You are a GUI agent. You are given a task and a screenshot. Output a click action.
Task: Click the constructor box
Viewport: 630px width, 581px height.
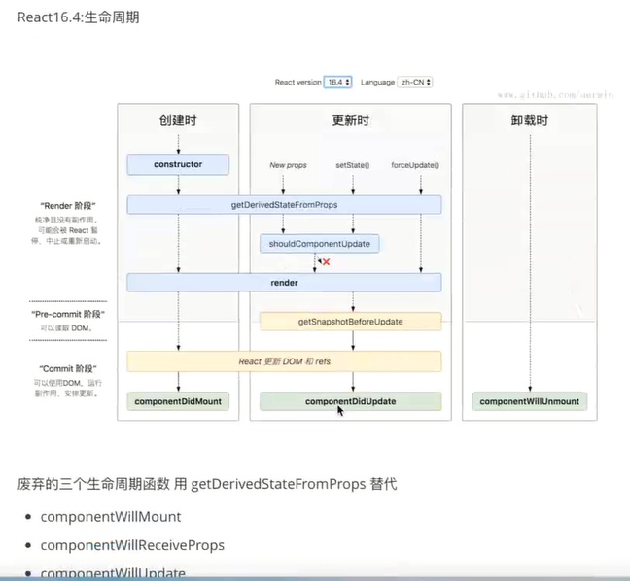pyautogui.click(x=178, y=165)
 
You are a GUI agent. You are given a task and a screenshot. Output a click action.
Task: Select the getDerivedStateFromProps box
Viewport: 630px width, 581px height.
pyautogui.click(x=284, y=205)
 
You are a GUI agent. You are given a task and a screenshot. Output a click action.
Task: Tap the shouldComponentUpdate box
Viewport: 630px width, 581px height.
pyautogui.click(x=321, y=244)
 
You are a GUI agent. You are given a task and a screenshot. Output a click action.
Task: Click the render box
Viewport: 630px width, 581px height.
pyautogui.click(x=284, y=282)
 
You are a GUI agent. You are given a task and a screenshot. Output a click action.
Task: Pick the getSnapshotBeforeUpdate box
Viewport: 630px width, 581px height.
pyautogui.click(x=350, y=322)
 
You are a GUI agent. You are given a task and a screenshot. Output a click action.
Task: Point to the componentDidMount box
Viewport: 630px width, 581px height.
pyautogui.click(x=178, y=401)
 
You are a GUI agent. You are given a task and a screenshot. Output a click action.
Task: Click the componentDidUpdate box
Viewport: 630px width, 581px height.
pyautogui.click(x=350, y=401)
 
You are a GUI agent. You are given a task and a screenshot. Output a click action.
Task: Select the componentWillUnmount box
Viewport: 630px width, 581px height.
pyautogui.click(x=530, y=401)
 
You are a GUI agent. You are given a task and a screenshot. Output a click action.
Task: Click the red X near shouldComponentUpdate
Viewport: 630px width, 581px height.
pyautogui.click(x=326, y=262)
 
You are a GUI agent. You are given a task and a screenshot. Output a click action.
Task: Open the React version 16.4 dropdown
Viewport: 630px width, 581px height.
pyautogui.click(x=337, y=83)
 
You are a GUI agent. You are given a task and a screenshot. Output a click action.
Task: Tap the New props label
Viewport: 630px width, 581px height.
pyautogui.click(x=288, y=165)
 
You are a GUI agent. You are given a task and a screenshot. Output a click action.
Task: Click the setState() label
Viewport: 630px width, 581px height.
pyautogui.click(x=352, y=165)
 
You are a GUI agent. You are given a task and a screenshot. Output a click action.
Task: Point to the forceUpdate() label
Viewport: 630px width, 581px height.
pyautogui.click(x=415, y=165)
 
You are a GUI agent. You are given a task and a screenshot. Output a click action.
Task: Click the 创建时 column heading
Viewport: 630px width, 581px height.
pyautogui.click(x=178, y=120)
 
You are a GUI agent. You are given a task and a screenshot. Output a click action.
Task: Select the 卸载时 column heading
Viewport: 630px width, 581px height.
pyautogui.click(x=530, y=120)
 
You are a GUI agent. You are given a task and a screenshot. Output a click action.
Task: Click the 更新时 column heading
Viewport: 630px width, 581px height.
pyautogui.click(x=350, y=120)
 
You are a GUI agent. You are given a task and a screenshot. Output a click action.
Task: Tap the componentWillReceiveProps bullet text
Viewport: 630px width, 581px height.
pyautogui.click(x=132, y=545)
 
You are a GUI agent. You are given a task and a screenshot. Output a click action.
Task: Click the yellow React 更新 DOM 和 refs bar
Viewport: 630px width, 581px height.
pyautogui.click(x=284, y=361)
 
